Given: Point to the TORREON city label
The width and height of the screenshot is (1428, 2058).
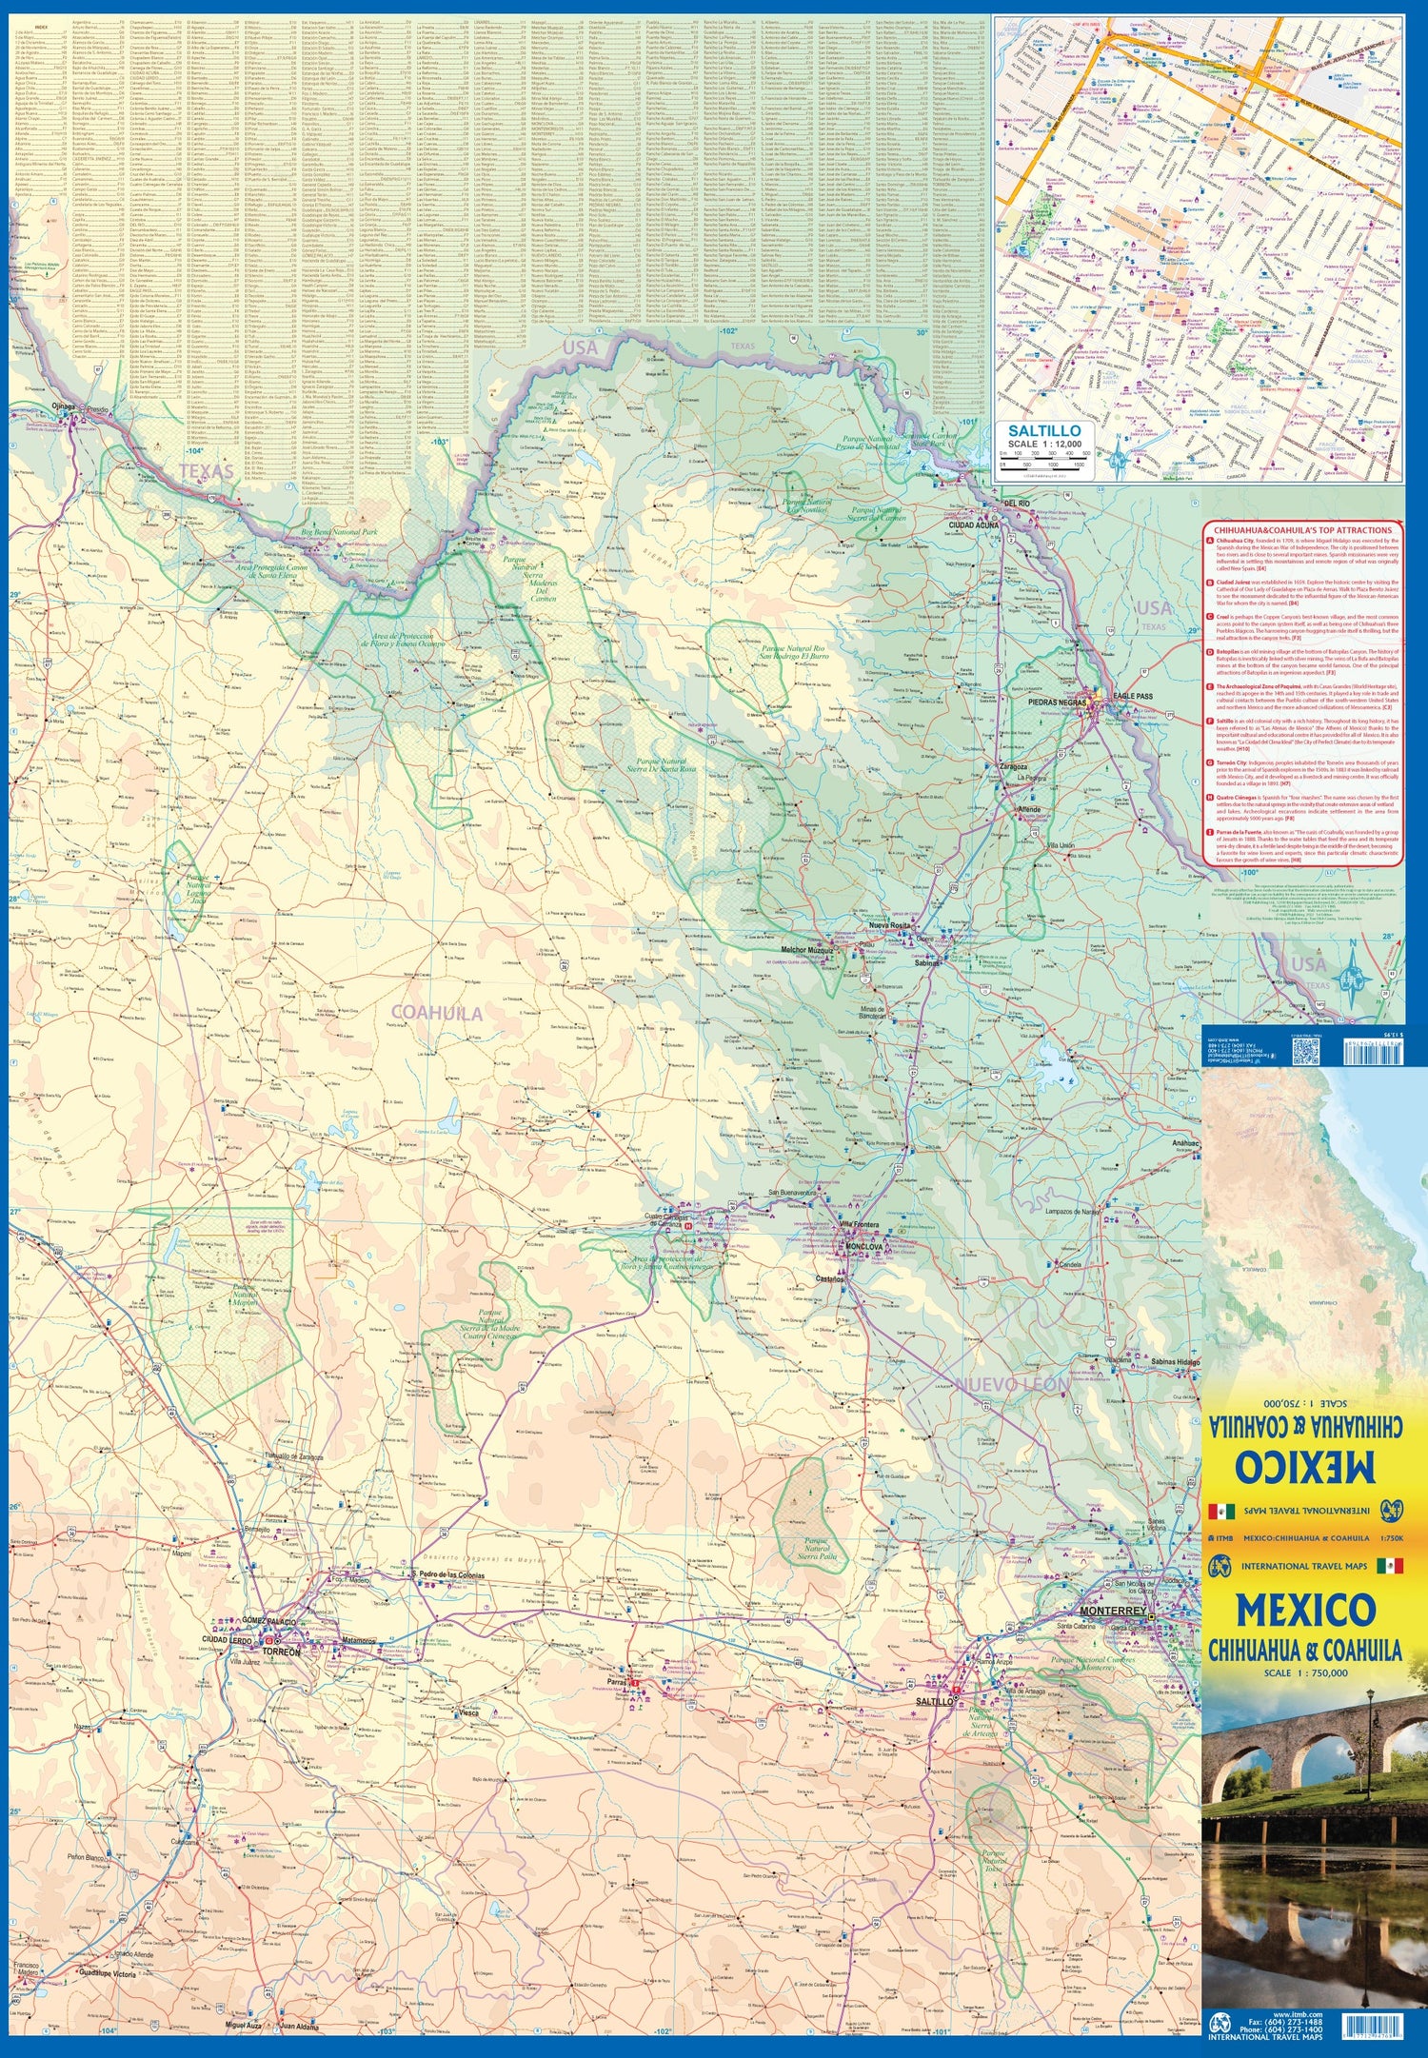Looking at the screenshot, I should pos(282,1652).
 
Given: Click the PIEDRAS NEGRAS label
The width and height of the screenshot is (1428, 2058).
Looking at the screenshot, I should pos(1057,702).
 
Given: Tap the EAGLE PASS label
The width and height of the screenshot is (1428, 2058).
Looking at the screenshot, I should pos(1130,696).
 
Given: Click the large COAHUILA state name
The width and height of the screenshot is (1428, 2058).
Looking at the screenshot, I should pos(437,1014).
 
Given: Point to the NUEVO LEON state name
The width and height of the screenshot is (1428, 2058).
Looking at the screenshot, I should pos(1011,1383).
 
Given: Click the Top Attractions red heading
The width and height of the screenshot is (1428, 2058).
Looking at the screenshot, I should pos(1300,530).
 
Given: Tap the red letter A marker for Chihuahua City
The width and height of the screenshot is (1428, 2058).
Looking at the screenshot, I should pos(1210,540).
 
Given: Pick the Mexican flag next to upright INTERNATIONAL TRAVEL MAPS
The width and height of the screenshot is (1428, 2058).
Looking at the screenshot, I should pos(1389,1566).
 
